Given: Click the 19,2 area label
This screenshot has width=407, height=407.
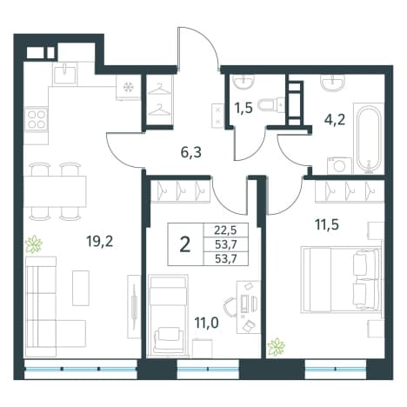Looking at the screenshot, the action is tap(99, 241).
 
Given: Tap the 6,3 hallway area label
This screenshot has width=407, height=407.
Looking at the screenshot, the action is tap(190, 152).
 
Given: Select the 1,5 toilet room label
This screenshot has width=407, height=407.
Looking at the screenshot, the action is tap(244, 108).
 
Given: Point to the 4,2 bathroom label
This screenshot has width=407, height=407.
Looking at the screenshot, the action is tap(335, 119).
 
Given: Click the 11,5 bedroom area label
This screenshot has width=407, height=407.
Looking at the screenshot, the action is tap(327, 224).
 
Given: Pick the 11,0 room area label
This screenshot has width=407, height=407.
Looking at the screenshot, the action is tap(206, 323).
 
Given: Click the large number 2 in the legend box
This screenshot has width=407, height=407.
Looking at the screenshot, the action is tap(185, 244).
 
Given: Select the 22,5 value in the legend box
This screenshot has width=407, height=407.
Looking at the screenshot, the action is tap(225, 230).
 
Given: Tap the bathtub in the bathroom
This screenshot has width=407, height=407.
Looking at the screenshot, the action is tap(369, 139).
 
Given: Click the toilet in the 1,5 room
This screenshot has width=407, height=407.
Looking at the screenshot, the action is tap(269, 104).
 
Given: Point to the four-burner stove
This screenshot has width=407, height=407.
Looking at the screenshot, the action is tap(36, 119).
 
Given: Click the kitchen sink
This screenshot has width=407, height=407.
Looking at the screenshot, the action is tap(65, 74).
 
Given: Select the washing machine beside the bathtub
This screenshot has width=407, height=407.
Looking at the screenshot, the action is tap(339, 166).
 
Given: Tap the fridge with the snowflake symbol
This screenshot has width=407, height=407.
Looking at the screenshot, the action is tap(128, 88).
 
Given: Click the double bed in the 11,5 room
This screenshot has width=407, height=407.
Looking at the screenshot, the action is tap(341, 279).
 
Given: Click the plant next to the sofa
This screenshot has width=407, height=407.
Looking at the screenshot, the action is tap(34, 244).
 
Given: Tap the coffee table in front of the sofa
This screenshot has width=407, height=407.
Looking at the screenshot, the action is tap(81, 288).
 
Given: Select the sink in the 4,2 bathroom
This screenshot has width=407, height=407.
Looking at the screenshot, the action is tap(333, 83).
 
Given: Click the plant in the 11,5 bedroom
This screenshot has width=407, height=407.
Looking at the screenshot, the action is tap(276, 347).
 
